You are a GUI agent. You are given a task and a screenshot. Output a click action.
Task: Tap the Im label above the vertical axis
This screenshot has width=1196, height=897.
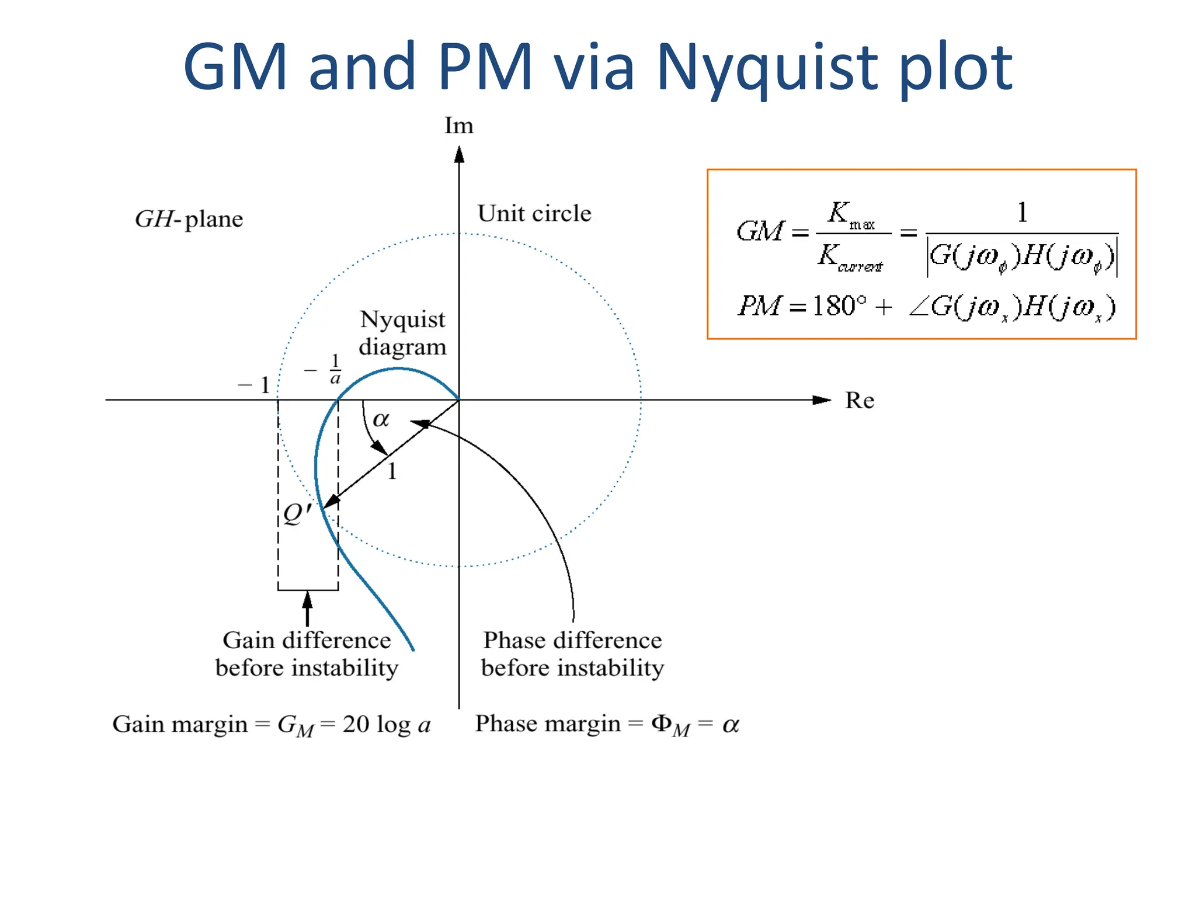[x=458, y=126]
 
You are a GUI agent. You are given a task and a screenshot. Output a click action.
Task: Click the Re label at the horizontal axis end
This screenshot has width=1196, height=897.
[x=860, y=401]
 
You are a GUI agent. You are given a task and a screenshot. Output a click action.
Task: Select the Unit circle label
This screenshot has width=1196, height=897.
[x=534, y=214]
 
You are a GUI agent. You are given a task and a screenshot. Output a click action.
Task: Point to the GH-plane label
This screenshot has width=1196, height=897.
[x=189, y=219]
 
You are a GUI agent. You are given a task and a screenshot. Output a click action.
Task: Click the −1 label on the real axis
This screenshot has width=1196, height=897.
[x=254, y=385]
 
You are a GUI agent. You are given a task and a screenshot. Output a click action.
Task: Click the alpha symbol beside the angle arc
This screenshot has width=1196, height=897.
[x=381, y=419]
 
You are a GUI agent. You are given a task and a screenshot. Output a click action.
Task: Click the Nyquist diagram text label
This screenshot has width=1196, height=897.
[x=402, y=333]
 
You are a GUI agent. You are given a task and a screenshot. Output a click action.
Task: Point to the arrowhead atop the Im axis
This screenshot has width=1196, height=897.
[x=459, y=154]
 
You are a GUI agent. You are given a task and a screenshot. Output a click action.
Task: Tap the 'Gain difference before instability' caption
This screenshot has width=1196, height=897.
[x=307, y=654]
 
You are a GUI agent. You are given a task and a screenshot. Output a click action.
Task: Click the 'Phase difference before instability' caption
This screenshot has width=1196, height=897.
[x=572, y=654]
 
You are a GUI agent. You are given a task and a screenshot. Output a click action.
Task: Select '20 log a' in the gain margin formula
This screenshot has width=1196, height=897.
[x=386, y=725]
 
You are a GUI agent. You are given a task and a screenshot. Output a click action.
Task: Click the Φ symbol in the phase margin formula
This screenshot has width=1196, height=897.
[x=661, y=724]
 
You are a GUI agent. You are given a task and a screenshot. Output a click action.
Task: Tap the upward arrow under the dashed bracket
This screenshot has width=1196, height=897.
[x=307, y=607]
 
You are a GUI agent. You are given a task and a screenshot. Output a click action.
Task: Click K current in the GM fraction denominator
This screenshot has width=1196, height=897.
[x=850, y=258]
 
